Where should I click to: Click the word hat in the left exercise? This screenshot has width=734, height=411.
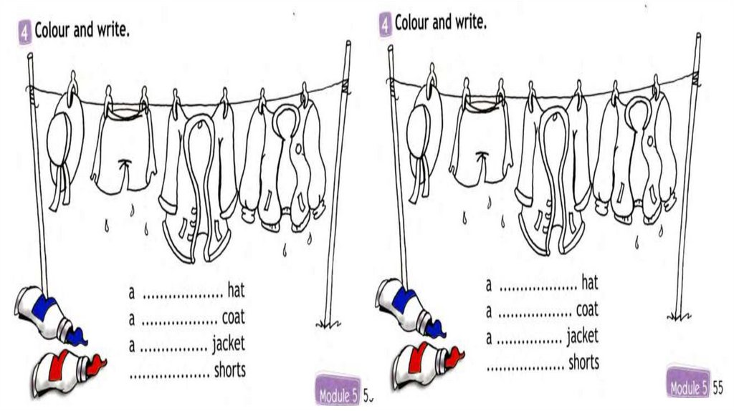coord(236,291)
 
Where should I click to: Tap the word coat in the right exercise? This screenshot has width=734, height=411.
coord(587,310)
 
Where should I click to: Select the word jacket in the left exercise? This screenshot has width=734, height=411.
coord(228,344)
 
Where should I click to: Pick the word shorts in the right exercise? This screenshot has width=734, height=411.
coord(583,362)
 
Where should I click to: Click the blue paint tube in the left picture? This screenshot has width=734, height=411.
coord(49,314)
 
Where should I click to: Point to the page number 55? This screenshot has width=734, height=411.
coord(718,388)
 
